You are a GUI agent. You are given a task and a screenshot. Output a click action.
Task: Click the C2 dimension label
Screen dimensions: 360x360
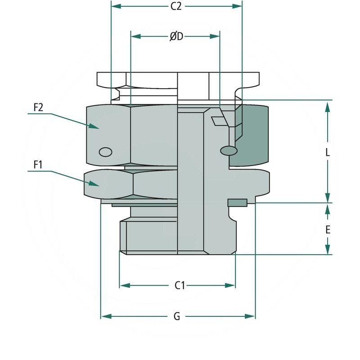coord(176,6)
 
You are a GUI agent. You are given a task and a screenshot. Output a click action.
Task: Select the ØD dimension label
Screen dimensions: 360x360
coord(176,36)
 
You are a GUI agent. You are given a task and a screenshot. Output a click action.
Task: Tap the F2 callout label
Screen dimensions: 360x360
coord(38,108)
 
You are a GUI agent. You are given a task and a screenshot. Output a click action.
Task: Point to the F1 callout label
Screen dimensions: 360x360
coord(38,165)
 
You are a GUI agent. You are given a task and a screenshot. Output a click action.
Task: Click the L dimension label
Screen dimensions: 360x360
coord(328,152)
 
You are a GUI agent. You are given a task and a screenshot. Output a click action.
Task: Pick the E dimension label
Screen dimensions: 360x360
coord(328,229)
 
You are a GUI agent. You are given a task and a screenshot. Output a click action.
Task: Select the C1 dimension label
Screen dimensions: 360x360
coord(180,285)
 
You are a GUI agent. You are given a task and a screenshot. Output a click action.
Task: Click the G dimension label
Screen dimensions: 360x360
coord(177,317)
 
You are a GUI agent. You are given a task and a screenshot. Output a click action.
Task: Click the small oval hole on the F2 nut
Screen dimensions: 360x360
coord(105,152)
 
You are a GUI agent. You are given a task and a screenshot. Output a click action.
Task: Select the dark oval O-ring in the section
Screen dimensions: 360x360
coord(229,149)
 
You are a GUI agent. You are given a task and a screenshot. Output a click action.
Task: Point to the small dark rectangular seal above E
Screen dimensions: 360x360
coord(237,202)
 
